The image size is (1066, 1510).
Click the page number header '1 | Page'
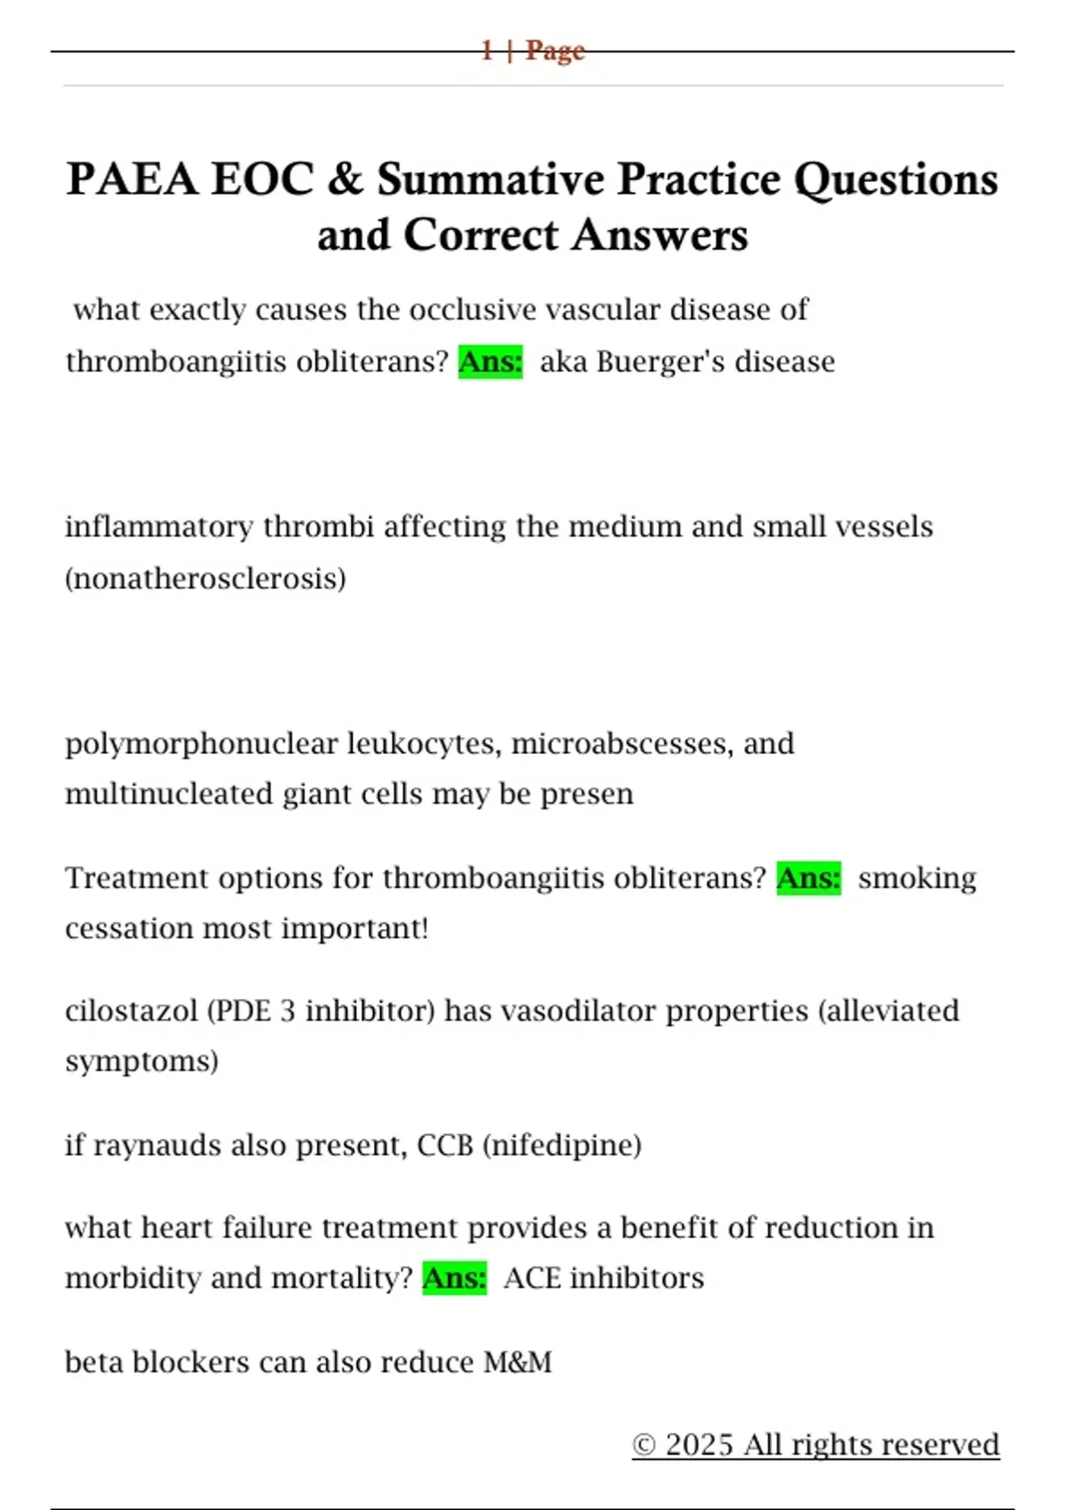[x=532, y=51]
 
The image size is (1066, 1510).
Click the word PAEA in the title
[x=132, y=179]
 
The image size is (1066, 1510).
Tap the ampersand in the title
[x=345, y=179]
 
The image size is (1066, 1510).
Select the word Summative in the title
[x=490, y=179]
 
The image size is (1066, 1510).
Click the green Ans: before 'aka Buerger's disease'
[x=490, y=362]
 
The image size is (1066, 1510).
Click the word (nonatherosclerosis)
[x=205, y=579]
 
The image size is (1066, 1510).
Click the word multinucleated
[x=170, y=794]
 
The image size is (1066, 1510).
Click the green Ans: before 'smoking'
[x=808, y=878]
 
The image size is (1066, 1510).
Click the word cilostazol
[x=131, y=1011]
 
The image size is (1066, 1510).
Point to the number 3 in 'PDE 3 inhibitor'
[x=287, y=1011]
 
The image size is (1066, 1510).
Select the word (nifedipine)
[x=561, y=1146]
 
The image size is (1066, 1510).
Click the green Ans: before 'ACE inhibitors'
[x=454, y=1279]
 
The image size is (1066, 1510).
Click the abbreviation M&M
[x=518, y=1363]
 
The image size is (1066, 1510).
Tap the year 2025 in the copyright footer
[x=699, y=1445]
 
